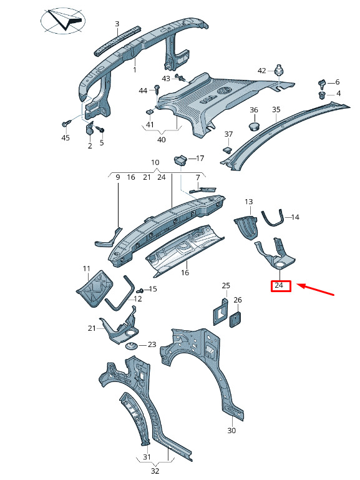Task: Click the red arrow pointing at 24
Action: click(315, 290)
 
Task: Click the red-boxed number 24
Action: click(281, 286)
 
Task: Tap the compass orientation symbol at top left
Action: click(63, 21)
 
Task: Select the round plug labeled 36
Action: click(254, 125)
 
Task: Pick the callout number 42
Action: click(262, 71)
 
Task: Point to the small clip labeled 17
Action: click(181, 160)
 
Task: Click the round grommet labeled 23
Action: click(132, 346)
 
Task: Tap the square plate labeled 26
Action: click(235, 320)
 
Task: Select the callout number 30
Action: click(231, 430)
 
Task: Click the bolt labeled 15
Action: click(140, 290)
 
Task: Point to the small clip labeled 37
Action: click(227, 149)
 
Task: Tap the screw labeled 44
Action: click(157, 89)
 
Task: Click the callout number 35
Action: click(276, 109)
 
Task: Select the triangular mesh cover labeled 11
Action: click(94, 288)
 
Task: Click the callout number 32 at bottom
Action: click(155, 471)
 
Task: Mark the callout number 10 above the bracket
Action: click(155, 162)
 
